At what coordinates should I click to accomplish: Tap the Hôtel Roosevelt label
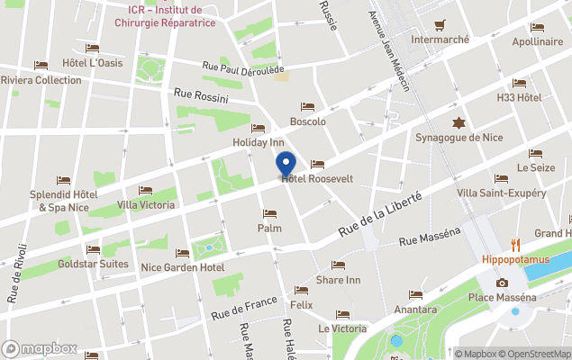[317, 179]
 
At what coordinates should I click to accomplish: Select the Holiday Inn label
[259, 142]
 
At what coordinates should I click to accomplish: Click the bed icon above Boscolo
[307, 107]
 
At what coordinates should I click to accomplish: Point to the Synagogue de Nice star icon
[459, 122]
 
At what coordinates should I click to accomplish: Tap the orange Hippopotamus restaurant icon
[516, 245]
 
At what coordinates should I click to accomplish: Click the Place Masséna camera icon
[502, 283]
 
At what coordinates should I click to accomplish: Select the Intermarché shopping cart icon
[440, 25]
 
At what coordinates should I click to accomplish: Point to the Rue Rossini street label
[201, 96]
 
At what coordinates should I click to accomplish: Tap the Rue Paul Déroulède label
[243, 69]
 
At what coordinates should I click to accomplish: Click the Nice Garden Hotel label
[183, 267]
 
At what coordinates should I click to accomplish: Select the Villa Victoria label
[146, 204]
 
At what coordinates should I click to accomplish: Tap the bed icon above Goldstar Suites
[93, 250]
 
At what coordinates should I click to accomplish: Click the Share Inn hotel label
[339, 280]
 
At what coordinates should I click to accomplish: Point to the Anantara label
[415, 309]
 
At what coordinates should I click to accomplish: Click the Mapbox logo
[40, 349]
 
